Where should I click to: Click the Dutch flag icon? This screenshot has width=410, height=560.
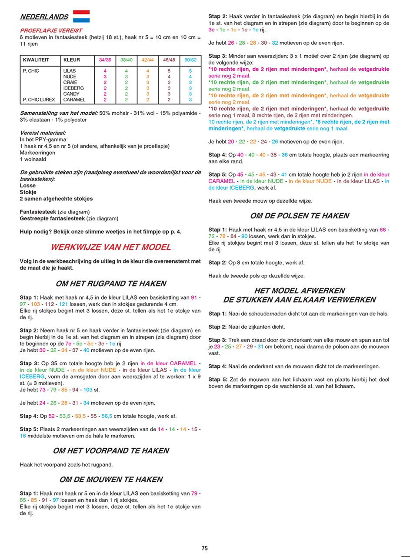[81, 17]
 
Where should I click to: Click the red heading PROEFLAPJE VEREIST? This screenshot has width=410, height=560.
[45, 31]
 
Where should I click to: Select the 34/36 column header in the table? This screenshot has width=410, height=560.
[105, 60]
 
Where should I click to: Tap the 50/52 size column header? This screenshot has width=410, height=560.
[190, 60]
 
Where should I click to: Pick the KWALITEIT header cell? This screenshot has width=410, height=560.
[36, 60]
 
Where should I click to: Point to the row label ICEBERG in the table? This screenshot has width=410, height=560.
[73, 88]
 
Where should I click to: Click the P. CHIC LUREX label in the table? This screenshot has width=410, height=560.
[39, 100]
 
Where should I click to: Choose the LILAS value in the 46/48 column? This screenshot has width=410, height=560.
[169, 71]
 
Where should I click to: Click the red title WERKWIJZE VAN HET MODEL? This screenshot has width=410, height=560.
[111, 247]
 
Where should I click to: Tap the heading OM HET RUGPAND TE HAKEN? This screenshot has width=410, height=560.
[111, 284]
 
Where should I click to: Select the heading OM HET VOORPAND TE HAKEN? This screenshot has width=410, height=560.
[111, 451]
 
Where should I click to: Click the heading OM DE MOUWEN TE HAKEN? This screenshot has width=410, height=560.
[111, 480]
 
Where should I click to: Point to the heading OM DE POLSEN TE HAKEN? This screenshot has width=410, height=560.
[299, 216]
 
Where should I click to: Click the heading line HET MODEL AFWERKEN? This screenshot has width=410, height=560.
[299, 291]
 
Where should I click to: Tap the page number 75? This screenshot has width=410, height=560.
[204, 548]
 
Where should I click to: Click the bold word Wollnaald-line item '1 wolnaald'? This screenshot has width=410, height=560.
[33, 160]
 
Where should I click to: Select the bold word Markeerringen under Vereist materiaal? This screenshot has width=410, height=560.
[37, 153]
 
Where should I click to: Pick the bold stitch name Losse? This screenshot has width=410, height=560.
[28, 186]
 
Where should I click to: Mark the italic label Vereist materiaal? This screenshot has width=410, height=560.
[43, 133]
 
